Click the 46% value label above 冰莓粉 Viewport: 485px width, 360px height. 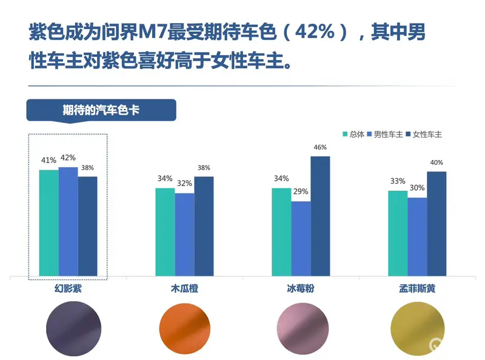coord(320,147)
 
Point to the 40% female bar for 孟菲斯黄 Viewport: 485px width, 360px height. coord(436,224)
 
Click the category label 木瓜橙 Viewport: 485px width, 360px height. coord(185,289)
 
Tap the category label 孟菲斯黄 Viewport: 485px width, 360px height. coord(416,289)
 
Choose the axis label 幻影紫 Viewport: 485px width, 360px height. coord(68,289)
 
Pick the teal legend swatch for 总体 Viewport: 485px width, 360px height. coord(346,134)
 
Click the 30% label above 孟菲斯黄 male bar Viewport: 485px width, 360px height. coord(417,188)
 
